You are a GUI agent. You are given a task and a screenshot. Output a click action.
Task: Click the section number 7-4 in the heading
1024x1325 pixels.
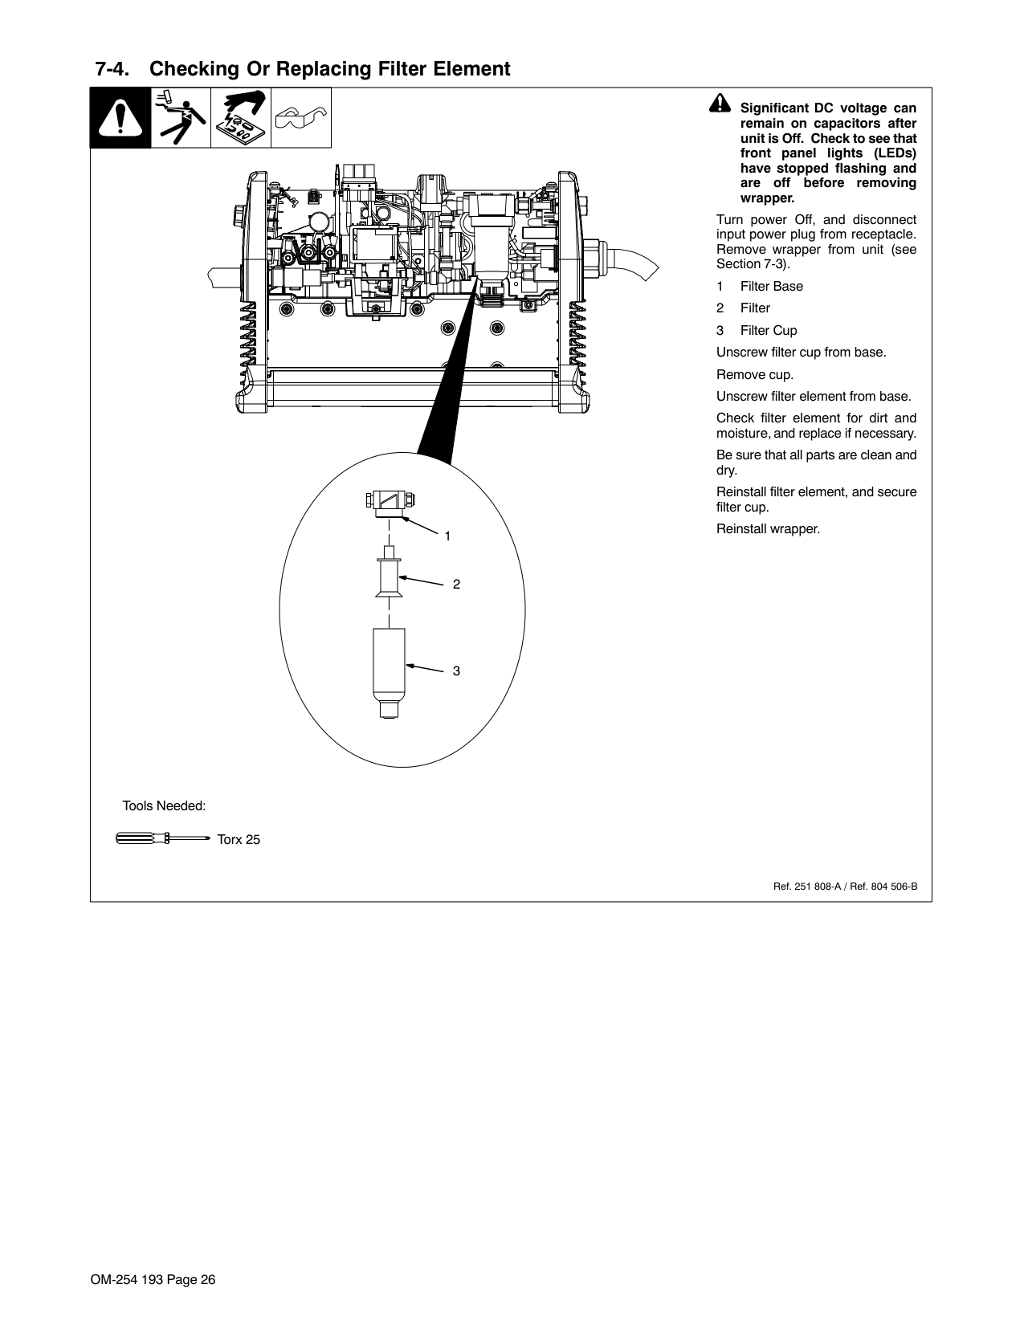pyautogui.click(x=112, y=69)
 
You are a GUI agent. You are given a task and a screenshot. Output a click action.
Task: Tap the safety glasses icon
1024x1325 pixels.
pyautogui.click(x=300, y=117)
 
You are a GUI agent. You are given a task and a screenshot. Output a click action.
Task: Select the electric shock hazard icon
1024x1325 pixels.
pyautogui.click(x=181, y=118)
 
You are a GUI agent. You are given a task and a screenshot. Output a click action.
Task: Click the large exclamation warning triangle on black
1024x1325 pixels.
pyautogui.click(x=120, y=118)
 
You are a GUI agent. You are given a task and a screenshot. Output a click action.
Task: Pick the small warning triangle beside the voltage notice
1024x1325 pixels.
pyautogui.click(x=720, y=103)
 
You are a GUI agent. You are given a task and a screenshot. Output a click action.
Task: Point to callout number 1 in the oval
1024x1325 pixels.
pyautogui.click(x=447, y=536)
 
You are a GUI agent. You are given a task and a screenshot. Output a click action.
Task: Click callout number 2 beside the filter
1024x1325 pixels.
pyautogui.click(x=456, y=584)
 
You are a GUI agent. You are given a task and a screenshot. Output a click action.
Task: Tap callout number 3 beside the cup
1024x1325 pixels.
pyautogui.click(x=456, y=671)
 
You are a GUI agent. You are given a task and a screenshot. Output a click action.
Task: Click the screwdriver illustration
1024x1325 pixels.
pyautogui.click(x=163, y=838)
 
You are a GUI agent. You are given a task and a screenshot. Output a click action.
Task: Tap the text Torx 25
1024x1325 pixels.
pyautogui.click(x=239, y=840)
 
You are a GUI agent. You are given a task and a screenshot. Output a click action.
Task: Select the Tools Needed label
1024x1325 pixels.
pyautogui.click(x=164, y=805)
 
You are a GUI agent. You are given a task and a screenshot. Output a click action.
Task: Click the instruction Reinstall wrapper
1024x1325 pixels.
pyautogui.click(x=768, y=529)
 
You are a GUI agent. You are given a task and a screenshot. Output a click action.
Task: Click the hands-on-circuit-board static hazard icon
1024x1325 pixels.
pyautogui.click(x=241, y=118)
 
